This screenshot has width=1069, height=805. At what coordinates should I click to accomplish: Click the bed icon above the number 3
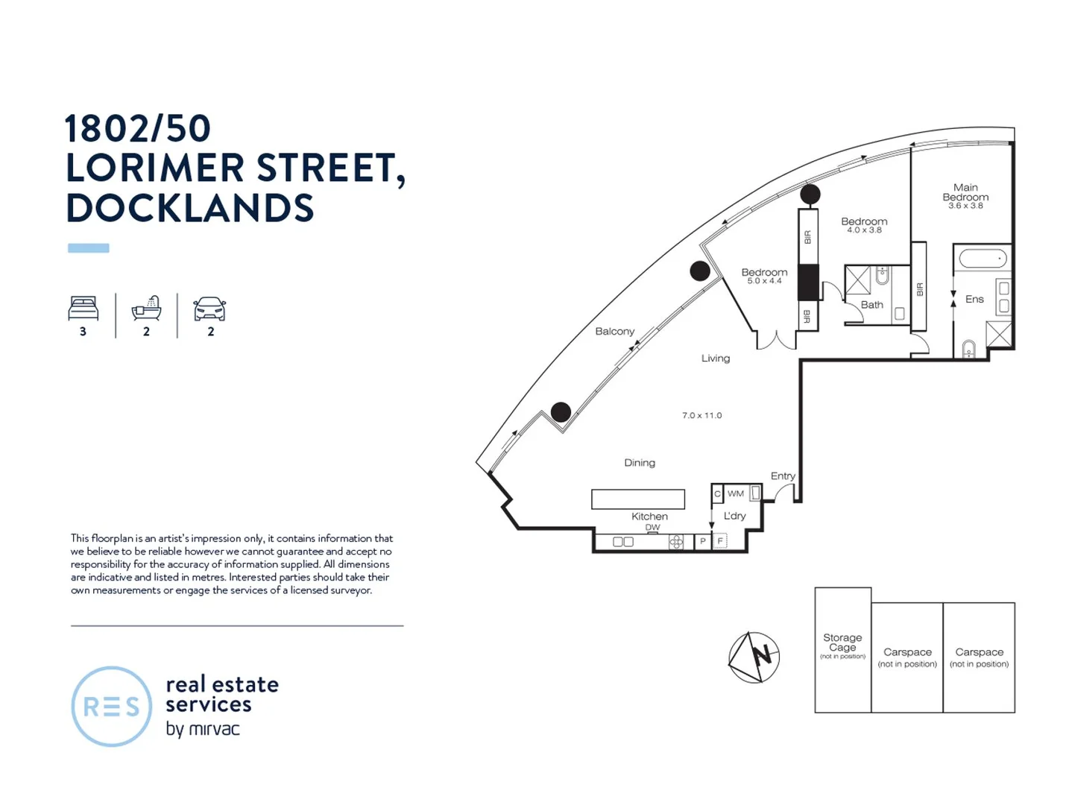pos(83,308)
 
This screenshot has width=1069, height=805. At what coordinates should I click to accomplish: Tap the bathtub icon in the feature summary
pos(146,308)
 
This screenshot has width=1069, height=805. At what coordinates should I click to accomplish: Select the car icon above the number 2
pos(209,309)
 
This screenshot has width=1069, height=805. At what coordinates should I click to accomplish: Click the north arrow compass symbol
pos(754,657)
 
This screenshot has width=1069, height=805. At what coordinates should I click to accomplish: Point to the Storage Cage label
pos(842,643)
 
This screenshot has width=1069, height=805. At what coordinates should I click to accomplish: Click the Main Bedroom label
pos(965,192)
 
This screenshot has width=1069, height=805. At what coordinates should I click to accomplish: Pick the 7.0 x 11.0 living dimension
pos(701,415)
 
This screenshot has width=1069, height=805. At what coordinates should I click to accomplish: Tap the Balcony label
pos(614,331)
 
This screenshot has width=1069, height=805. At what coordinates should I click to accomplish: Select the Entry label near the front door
pos(782,476)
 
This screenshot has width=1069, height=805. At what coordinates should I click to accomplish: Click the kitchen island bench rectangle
pos(637,499)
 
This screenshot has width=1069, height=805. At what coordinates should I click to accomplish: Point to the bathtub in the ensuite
pos(983,259)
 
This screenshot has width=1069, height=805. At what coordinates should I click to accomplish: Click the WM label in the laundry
pos(736,493)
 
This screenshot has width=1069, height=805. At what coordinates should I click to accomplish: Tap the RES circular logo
pos(111,707)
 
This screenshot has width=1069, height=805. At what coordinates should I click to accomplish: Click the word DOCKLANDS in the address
pos(190,208)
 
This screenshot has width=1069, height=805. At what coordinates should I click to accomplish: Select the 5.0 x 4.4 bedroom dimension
pos(764,281)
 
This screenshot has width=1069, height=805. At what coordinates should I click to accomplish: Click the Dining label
pos(640,463)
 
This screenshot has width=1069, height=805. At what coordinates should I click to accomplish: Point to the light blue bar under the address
pos(89,248)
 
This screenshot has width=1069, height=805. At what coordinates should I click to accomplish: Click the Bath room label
pos(871,305)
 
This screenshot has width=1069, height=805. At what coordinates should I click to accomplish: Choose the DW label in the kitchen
pos(652,527)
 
